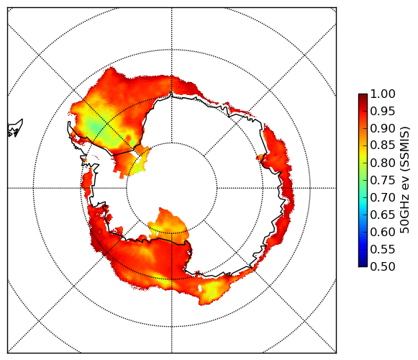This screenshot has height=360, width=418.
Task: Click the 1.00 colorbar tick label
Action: (x=383, y=94)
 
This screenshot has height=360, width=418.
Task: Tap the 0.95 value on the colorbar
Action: (x=383, y=111)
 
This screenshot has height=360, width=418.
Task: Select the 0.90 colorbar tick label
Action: (x=383, y=128)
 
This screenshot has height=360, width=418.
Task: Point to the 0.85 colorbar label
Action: (x=383, y=145)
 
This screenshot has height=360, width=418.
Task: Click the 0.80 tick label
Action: (x=383, y=163)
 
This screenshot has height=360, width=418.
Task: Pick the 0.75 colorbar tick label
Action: (x=383, y=180)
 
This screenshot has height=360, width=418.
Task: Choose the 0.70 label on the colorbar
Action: (x=383, y=197)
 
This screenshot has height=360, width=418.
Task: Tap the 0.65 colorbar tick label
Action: (x=383, y=215)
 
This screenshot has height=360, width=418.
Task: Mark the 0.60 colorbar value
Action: (x=383, y=232)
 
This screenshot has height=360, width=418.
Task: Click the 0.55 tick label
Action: (x=383, y=249)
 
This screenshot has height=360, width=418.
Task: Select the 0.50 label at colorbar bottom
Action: (x=383, y=266)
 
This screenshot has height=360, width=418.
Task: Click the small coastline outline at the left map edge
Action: (x=15, y=128)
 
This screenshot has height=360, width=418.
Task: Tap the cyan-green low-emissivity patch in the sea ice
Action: (x=94, y=126)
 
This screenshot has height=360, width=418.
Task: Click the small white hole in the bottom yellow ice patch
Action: (x=200, y=288)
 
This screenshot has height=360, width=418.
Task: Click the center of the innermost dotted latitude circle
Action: (x=172, y=188)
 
